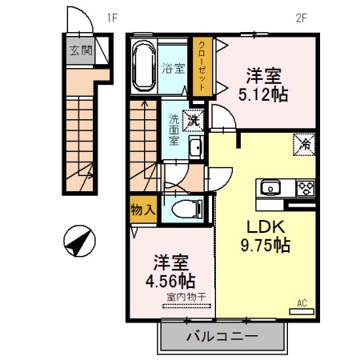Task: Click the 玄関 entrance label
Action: tap(79, 50)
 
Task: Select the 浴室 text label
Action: tap(174, 68)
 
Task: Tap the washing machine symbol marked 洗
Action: tap(193, 122)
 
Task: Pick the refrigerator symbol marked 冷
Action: tap(303, 144)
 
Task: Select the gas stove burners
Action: tap(305, 189)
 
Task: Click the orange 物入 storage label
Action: tap(142, 210)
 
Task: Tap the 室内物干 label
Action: tap(186, 298)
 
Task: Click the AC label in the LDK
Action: tap(302, 302)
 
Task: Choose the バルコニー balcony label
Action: tap(222, 337)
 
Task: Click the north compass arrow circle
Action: tap(79, 241)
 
